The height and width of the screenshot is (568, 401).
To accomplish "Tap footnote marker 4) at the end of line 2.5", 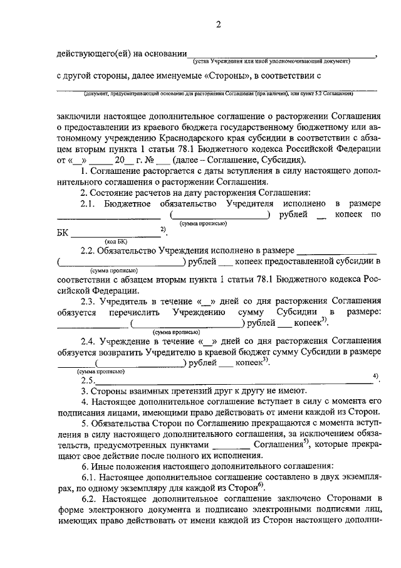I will [375, 377].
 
